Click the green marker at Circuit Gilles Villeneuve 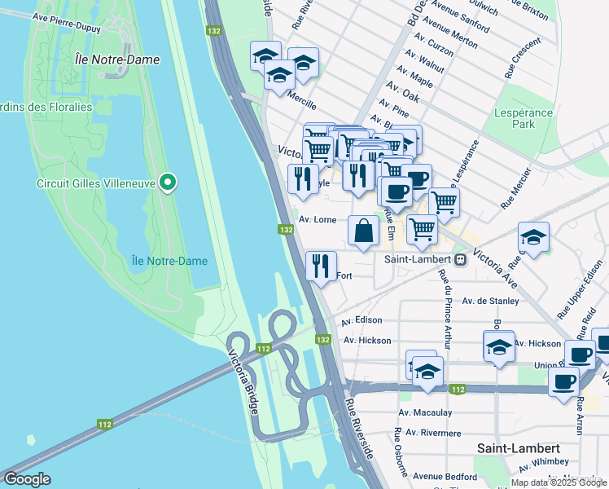pos(168,183)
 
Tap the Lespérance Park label pos(523,118)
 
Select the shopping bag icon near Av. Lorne pos(363,231)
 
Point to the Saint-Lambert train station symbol pos(460,259)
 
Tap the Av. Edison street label pos(361,320)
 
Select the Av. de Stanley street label pos(490,301)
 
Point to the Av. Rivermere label pos(430,433)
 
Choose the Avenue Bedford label pos(444,476)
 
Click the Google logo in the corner pos(27,478)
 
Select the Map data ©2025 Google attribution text pos(559,482)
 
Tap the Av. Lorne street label pos(317,219)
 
